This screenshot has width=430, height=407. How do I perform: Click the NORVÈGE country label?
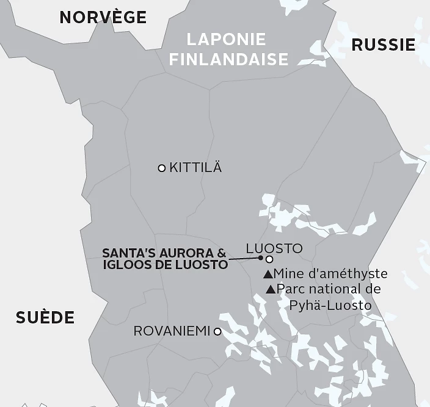103,17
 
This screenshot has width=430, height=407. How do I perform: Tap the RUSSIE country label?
384,45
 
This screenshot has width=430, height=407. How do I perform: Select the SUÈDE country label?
45,317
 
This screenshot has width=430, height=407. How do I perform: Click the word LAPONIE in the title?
226,40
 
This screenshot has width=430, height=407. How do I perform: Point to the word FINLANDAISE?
228,59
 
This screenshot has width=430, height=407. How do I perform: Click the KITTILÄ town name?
195,168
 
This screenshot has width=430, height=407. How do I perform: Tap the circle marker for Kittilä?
162,168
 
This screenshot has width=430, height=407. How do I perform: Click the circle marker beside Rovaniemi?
217,331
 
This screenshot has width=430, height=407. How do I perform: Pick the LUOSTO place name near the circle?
274,248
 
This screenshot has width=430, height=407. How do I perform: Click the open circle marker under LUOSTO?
269,259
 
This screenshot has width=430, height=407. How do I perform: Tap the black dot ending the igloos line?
260,258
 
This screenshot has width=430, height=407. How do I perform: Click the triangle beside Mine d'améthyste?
268,274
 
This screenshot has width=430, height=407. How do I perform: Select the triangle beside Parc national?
271,289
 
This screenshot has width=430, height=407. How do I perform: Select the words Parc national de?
329,289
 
